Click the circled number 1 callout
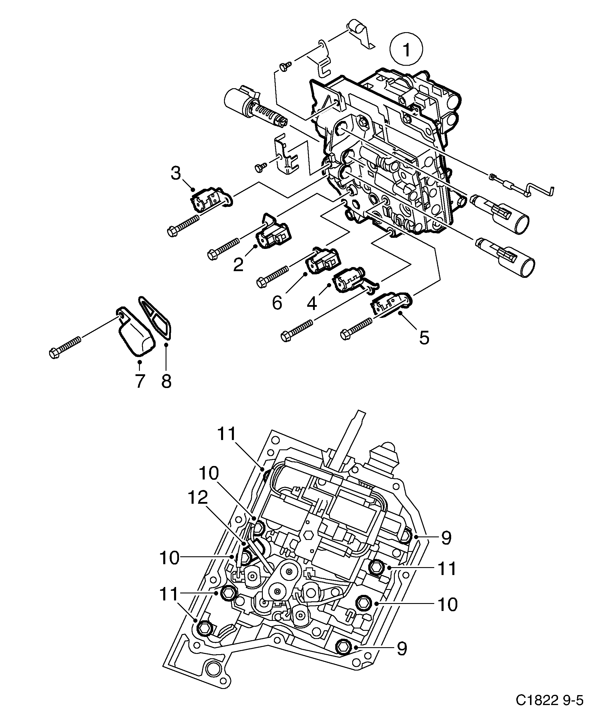[406, 50]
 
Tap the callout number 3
[176, 174]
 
